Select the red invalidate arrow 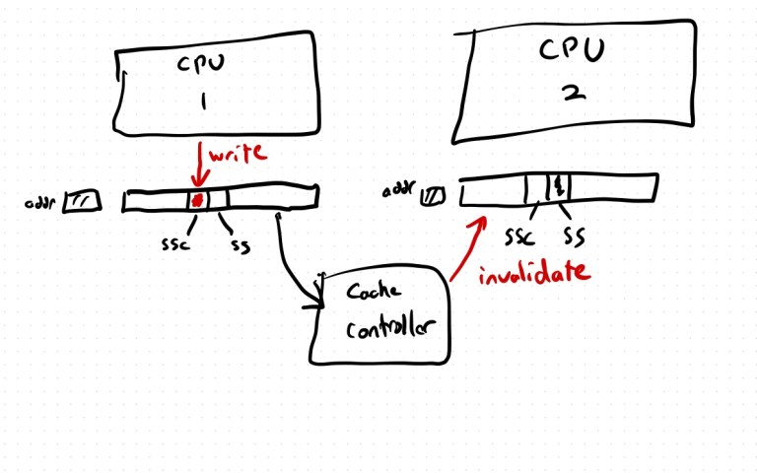pos(469,246)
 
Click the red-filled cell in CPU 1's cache pos(197,200)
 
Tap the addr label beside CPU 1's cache pos(41,204)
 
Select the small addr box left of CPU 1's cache pos(82,203)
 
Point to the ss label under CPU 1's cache pos(239,243)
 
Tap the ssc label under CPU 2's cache pos(520,236)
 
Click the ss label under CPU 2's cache pos(573,236)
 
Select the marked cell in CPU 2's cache pos(558,186)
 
